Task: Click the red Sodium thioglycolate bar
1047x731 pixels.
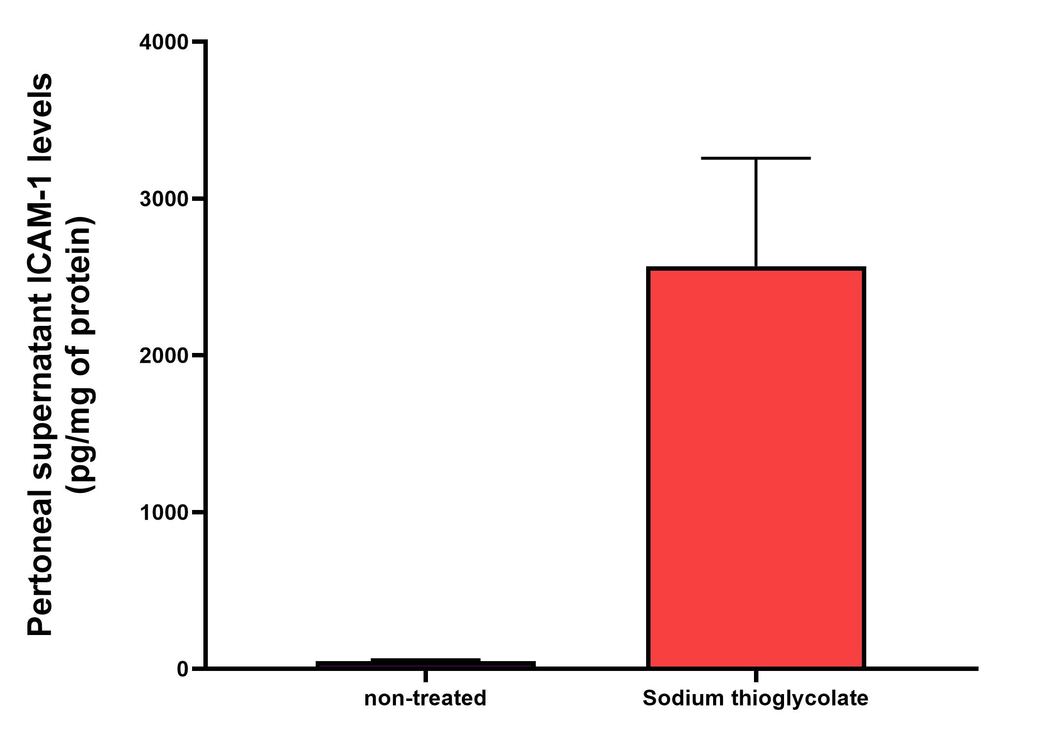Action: (x=755, y=468)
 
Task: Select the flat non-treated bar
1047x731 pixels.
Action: (x=425, y=664)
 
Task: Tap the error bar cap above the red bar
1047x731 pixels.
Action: (x=755, y=158)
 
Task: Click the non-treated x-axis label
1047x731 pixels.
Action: (x=425, y=699)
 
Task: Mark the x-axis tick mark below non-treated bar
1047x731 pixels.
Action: (x=425, y=675)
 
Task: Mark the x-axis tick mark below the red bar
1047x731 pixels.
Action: (x=755, y=675)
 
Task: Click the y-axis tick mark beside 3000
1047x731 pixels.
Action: (x=198, y=199)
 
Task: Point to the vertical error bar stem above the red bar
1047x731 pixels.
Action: (x=755, y=212)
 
